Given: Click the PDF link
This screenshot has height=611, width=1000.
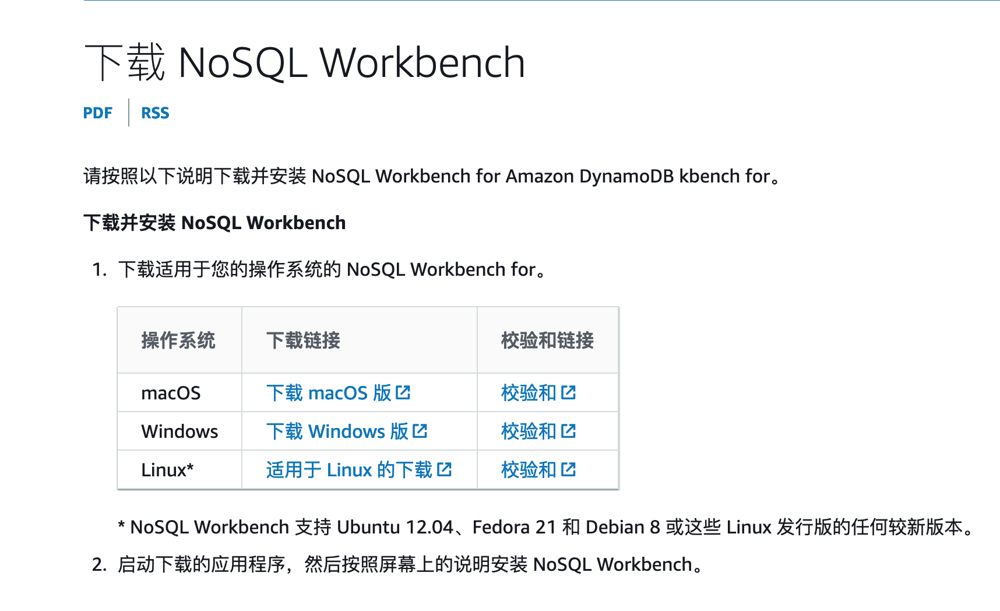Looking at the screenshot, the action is coord(97,113).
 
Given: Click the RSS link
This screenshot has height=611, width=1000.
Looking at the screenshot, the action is coord(155,113).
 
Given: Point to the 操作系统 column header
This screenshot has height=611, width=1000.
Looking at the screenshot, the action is coord(178,340).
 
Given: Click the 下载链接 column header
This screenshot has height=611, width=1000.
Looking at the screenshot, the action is coord(303,340).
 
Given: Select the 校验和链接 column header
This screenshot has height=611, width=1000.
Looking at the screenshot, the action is coord(547,340).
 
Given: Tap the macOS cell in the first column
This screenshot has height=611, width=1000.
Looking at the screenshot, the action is coord(171,394).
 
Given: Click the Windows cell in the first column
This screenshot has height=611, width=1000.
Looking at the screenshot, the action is coord(179,431).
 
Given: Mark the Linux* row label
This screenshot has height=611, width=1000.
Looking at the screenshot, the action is coord(167,470).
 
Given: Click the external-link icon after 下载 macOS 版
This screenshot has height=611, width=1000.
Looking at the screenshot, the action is coord(403,392).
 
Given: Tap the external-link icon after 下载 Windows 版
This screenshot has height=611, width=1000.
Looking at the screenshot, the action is coord(420,431).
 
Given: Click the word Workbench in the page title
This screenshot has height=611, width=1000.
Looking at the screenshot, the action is coord(422,62).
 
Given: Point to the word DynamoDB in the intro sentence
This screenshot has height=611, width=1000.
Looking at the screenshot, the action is coord(626,176).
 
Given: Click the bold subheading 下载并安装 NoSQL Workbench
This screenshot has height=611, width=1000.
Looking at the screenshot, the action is coord(214,223).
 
